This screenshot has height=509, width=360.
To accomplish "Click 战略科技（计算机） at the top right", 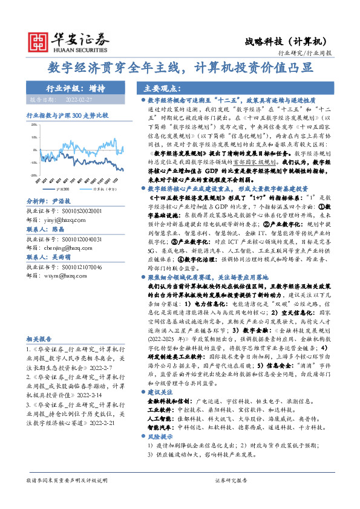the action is click(x=286, y=41).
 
